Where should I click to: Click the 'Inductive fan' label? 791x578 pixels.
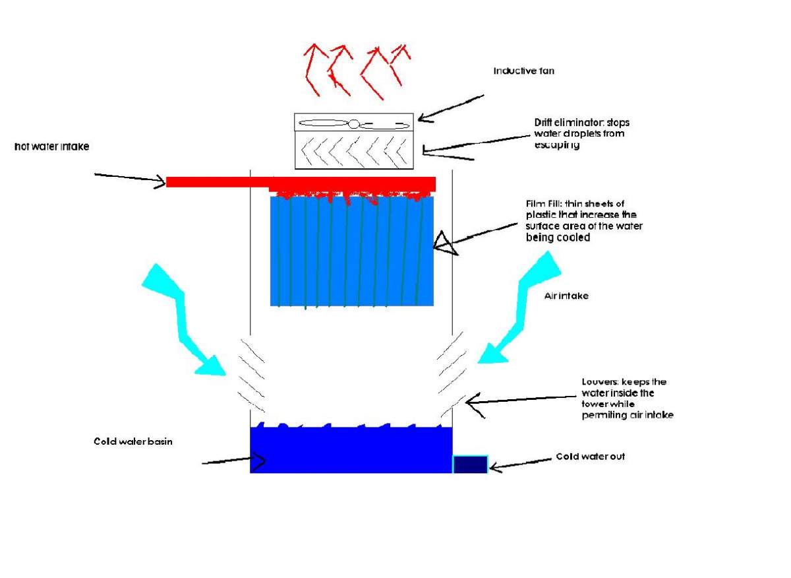click(x=523, y=71)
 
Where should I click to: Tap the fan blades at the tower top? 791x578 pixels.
click(x=353, y=123)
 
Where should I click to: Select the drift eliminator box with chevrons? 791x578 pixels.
click(x=353, y=150)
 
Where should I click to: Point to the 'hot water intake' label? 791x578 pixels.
click(x=51, y=147)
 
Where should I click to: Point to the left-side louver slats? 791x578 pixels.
click(x=252, y=373)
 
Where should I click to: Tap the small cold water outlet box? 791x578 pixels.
click(x=470, y=464)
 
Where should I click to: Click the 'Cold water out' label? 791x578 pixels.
click(x=590, y=456)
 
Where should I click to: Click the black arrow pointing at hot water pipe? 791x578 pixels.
click(x=130, y=179)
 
